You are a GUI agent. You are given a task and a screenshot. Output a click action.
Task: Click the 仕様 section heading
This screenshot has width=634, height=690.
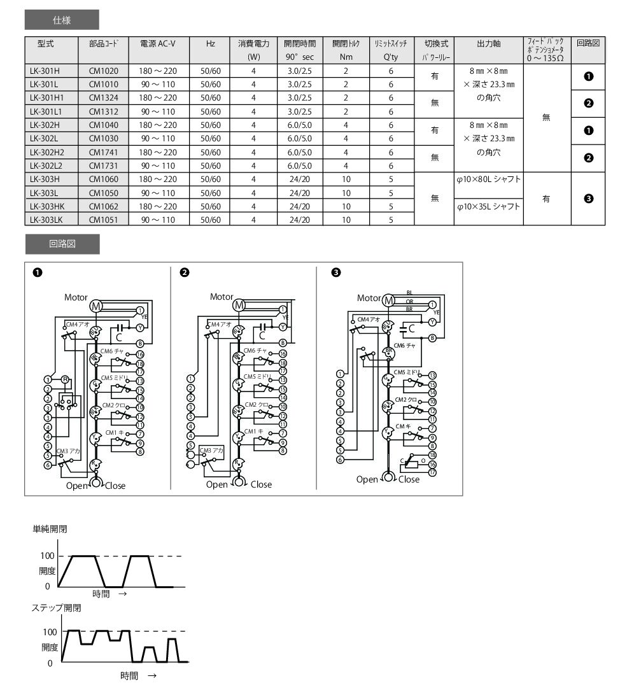[x=62, y=20]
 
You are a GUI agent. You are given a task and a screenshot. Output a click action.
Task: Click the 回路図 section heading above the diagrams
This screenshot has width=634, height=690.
[x=62, y=244]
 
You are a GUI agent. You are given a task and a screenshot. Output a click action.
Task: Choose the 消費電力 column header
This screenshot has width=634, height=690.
[x=253, y=44]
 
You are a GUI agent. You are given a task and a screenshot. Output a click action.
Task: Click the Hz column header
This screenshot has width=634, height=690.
[x=210, y=44]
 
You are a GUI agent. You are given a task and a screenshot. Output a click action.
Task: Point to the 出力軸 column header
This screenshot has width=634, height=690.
[x=488, y=44]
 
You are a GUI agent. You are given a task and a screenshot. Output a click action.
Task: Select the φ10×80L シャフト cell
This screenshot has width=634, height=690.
[x=488, y=180]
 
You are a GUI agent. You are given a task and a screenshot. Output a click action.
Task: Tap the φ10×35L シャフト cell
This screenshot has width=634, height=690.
[x=488, y=206]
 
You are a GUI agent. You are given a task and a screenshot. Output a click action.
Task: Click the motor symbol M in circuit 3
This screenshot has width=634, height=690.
[x=388, y=299]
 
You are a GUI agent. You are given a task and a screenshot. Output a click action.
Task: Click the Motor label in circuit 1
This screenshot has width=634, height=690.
[x=76, y=297]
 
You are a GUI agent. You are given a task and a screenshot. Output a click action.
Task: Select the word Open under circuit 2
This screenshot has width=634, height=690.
[x=216, y=484]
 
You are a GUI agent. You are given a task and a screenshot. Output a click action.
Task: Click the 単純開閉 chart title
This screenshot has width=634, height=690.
[x=50, y=529]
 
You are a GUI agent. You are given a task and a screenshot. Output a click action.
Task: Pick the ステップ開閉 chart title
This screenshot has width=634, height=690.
[x=57, y=607]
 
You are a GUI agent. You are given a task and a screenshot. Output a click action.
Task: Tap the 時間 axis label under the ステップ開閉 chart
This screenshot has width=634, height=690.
[x=129, y=675]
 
